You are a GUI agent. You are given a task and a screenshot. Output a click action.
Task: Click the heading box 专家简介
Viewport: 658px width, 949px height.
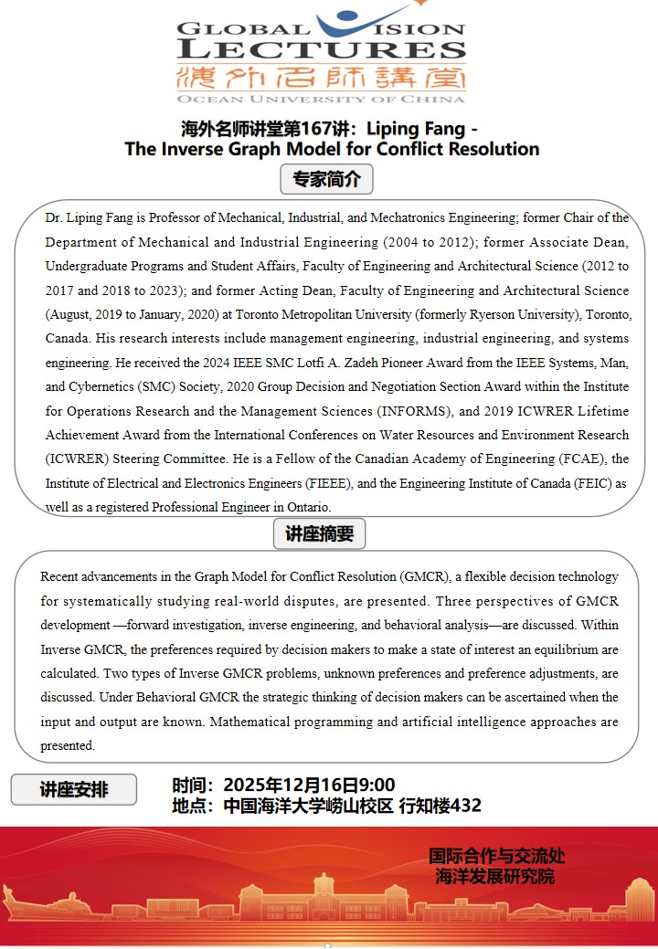pyautogui.click(x=326, y=180)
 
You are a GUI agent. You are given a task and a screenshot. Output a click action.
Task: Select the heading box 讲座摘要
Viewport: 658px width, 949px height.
pyautogui.click(x=319, y=533)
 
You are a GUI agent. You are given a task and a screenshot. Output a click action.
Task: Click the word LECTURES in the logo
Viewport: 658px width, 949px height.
pyautogui.click(x=322, y=49)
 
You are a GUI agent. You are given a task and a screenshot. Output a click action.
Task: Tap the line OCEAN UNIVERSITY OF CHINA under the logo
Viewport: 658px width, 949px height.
pyautogui.click(x=322, y=99)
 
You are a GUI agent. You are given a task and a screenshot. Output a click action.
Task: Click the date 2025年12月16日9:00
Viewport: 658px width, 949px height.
pyautogui.click(x=309, y=785)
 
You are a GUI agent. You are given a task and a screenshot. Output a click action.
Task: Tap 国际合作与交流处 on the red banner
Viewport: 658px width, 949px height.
pyautogui.click(x=497, y=857)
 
